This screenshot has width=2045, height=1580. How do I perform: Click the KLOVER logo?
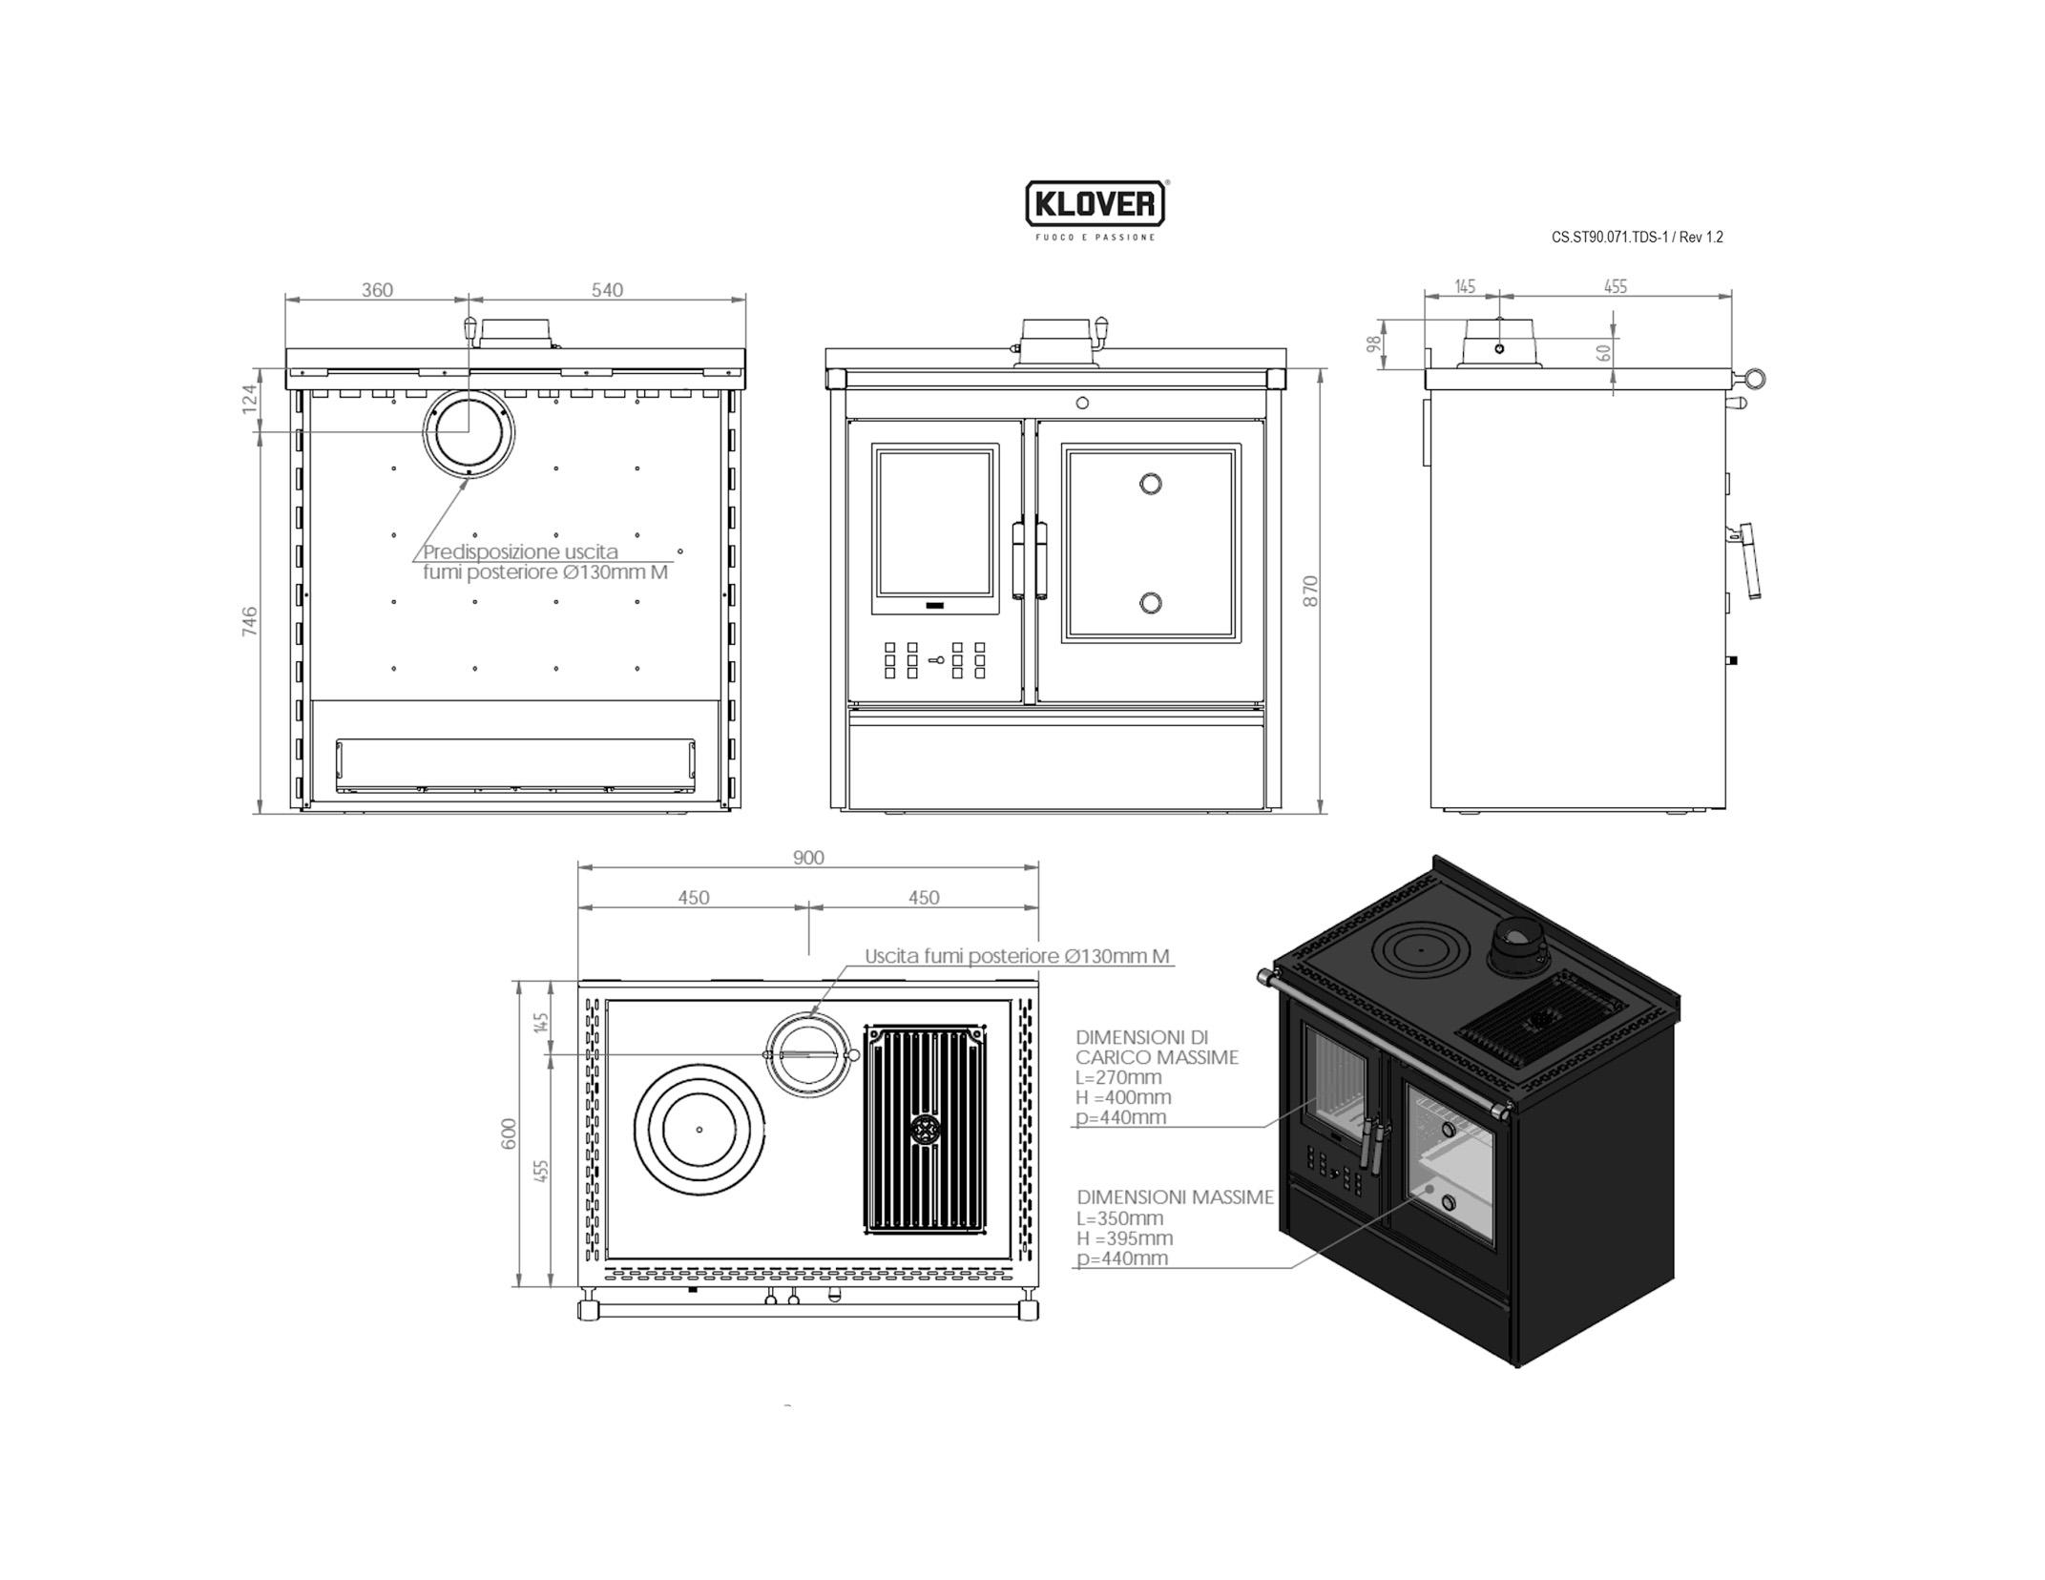(1096, 204)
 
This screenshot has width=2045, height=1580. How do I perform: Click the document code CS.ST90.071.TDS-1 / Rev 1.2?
(1637, 238)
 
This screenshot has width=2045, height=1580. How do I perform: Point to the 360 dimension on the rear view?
(377, 290)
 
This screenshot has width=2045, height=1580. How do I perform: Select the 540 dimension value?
(607, 290)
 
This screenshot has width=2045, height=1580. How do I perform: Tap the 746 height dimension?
(250, 621)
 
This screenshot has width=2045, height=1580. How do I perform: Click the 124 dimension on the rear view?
(250, 399)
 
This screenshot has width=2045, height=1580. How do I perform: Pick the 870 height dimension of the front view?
(1310, 591)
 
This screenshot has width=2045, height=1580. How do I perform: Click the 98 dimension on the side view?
(1374, 343)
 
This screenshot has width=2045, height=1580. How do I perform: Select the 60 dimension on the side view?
(1604, 352)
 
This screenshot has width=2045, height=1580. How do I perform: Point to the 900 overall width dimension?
(808, 858)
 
